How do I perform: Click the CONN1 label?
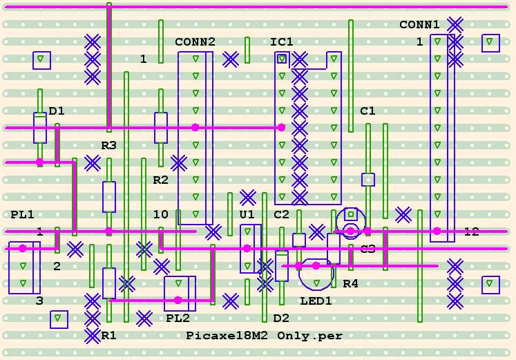tap(419, 25)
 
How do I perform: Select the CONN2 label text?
tap(195, 42)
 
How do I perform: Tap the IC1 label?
tap(281, 42)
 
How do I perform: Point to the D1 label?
tap(57, 111)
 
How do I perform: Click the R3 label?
tap(108, 145)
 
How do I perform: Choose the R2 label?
tap(160, 180)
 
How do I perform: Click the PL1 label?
tap(22, 215)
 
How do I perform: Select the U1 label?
tap(247, 215)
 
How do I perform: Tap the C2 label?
tap(281, 215)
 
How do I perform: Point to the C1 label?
tap(367, 111)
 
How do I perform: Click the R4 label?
tap(350, 283)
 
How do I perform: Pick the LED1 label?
tap(316, 301)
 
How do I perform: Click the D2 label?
tap(281, 318)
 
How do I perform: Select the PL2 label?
tap(178, 318)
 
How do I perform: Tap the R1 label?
tap(108, 335)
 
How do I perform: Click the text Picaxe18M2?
tap(227, 336)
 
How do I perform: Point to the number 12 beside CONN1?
tap(471, 231)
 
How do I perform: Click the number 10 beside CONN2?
tap(160, 215)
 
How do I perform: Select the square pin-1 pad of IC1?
tap(282, 59)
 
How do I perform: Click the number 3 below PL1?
tap(39, 301)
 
